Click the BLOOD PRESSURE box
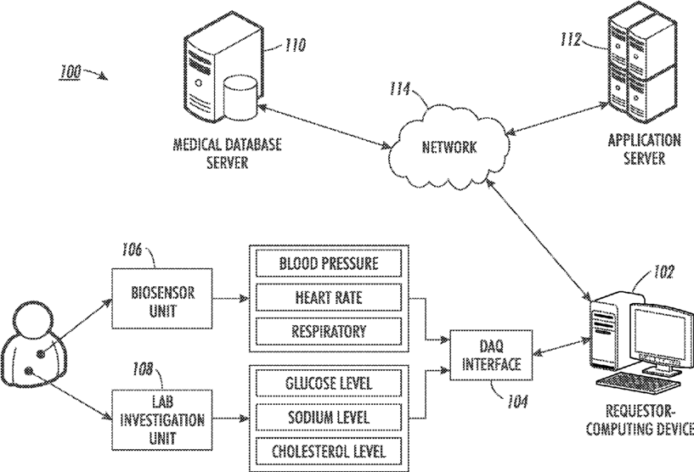[x=328, y=263]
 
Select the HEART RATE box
[x=328, y=298]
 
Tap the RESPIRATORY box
[x=328, y=331]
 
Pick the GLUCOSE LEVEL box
[x=328, y=383]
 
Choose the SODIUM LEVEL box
[x=328, y=417]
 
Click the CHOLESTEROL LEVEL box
[x=328, y=451]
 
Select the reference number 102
[x=663, y=273]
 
